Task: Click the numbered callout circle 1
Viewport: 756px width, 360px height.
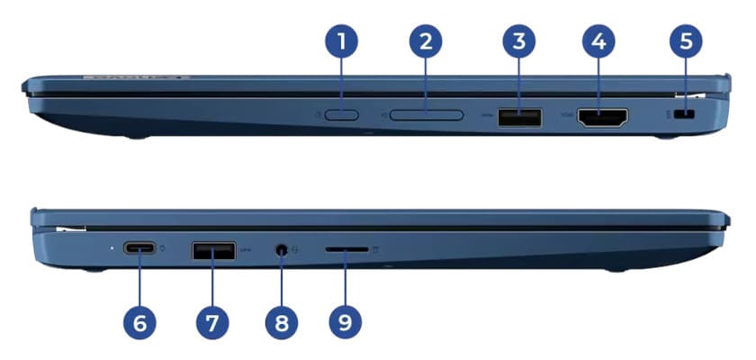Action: (341, 41)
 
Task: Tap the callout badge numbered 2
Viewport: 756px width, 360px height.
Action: (426, 41)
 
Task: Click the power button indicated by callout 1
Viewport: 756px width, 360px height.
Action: (341, 115)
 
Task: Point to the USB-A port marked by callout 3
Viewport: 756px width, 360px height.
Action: (519, 116)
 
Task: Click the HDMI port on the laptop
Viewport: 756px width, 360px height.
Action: (601, 117)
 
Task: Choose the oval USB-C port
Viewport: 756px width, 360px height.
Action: (139, 249)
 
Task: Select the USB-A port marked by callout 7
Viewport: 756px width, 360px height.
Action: (212, 249)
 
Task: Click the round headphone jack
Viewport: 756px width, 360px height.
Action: (282, 250)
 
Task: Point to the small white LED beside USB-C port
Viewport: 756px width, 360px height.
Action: (110, 249)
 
